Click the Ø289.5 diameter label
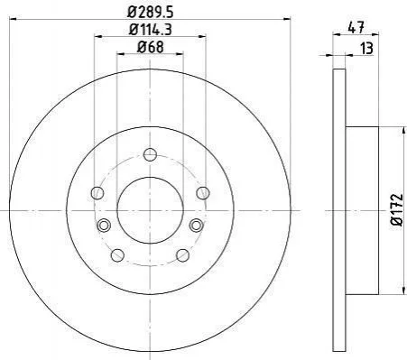(150, 12)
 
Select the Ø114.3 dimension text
(150, 30)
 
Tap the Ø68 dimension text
(151, 47)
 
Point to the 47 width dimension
(356, 28)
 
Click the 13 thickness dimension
(366, 49)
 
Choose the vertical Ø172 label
(397, 209)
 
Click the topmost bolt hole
(150, 154)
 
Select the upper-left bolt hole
(97, 193)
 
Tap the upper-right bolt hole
(203, 193)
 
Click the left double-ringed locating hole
(104, 226)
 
